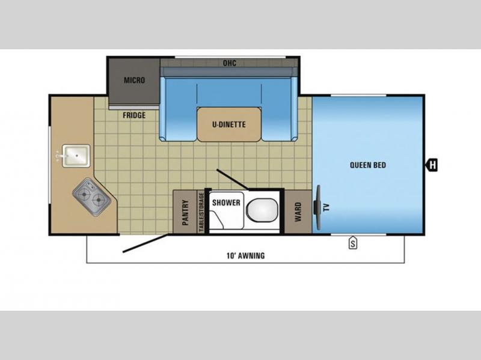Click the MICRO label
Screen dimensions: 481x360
134,81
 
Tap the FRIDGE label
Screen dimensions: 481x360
134,115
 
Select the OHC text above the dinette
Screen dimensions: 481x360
230,63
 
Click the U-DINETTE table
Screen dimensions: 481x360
229,124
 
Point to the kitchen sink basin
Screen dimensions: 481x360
76,156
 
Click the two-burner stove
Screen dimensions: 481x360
91,197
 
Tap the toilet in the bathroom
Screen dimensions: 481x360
262,210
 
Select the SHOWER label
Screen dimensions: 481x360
226,203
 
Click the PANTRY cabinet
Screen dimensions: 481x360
185,212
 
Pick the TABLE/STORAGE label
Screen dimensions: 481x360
201,212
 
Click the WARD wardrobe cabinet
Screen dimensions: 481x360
298,212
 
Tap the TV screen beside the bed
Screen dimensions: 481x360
317,207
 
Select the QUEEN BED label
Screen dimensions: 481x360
368,165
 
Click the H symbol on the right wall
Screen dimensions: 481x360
432,165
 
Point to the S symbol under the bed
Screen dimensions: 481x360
353,243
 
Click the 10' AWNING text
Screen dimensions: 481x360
245,255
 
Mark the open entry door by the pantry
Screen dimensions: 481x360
146,243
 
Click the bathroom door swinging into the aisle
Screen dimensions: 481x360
232,179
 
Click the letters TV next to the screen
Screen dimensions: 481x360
326,207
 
